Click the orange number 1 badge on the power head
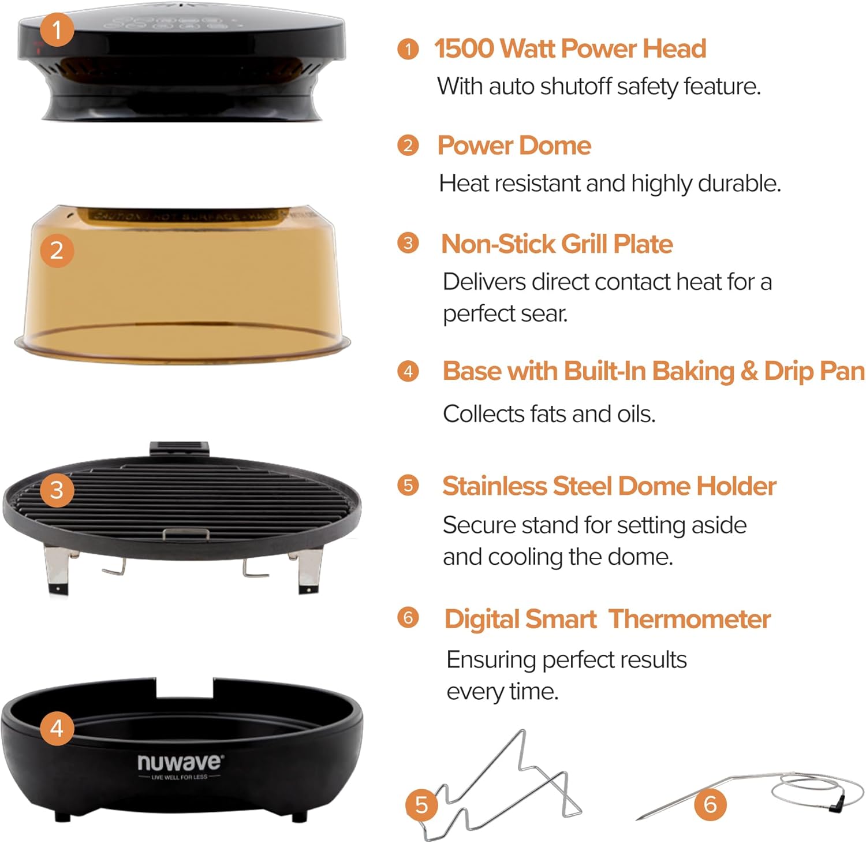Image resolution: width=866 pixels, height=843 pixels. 57,29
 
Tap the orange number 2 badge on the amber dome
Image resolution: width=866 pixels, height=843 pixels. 57,250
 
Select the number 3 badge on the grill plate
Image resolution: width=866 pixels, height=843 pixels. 57,490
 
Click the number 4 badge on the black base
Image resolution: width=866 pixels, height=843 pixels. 57,728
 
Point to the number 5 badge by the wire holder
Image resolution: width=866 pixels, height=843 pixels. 421,804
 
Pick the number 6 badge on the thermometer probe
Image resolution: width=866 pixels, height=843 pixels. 710,804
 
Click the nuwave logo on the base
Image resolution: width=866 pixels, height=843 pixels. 179,763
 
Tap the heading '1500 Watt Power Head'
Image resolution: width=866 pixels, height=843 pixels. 570,49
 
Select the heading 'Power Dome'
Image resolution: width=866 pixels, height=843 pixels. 514,146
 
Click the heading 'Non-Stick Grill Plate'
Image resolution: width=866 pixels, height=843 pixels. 557,244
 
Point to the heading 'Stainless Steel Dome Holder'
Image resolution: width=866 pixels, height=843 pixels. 609,486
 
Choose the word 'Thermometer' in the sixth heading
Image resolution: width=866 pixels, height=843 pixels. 690,619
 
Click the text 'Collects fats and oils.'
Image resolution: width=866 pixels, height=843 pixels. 549,414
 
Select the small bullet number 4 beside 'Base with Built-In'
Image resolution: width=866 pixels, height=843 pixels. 408,371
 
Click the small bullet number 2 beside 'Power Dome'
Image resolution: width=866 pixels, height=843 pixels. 408,146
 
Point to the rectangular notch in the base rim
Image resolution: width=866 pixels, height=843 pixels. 185,687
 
